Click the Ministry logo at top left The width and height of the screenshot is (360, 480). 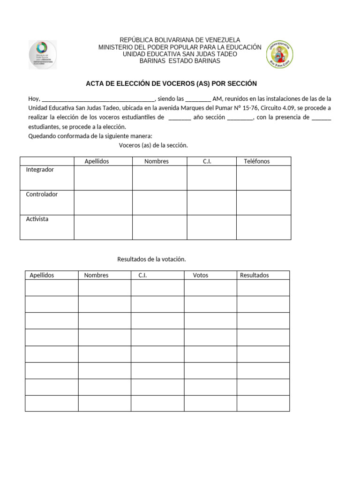[x=43, y=54]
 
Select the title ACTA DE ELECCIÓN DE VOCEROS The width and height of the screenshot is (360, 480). [x=171, y=83]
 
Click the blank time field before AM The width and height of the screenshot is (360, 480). [x=198, y=99]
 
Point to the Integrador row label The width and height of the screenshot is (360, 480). [x=40, y=170]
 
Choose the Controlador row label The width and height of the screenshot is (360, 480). [x=42, y=195]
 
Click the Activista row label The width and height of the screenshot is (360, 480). [x=37, y=219]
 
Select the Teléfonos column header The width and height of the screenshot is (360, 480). [x=256, y=161]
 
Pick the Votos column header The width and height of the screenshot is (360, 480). [x=201, y=275]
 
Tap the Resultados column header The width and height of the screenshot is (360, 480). [x=255, y=275]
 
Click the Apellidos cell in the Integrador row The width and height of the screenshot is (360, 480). [x=103, y=178]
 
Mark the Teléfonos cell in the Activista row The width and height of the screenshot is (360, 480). [x=263, y=227]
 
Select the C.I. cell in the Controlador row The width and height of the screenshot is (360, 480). [x=211, y=202]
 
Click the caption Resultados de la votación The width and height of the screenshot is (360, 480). [x=151, y=259]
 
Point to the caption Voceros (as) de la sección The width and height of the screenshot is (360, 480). [x=153, y=145]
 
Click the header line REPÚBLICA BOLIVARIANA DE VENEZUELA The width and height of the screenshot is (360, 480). [x=180, y=40]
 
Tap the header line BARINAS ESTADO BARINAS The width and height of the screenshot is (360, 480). [x=180, y=61]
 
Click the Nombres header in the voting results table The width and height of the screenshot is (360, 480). [x=96, y=275]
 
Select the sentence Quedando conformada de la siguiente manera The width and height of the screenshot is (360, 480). [x=87, y=136]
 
